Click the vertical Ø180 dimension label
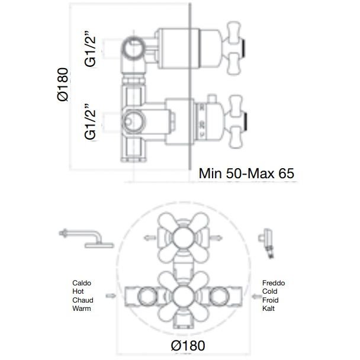pyautogui.click(x=63, y=84)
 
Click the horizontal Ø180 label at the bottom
pyautogui.click(x=188, y=346)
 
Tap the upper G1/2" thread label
pyautogui.click(x=90, y=49)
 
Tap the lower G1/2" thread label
pyautogui.click(x=90, y=122)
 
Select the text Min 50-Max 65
pyautogui.click(x=246, y=173)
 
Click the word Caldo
pyautogui.click(x=82, y=283)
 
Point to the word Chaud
pyautogui.click(x=83, y=300)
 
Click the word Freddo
pyautogui.click(x=274, y=283)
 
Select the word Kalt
pyautogui.click(x=268, y=308)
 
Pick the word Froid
pyautogui.click(x=271, y=300)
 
